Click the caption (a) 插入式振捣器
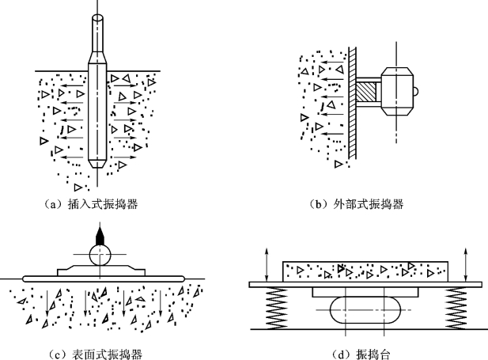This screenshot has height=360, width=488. pyautogui.click(x=99, y=204)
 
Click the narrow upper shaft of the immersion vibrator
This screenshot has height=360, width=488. pyautogui.click(x=97, y=32)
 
